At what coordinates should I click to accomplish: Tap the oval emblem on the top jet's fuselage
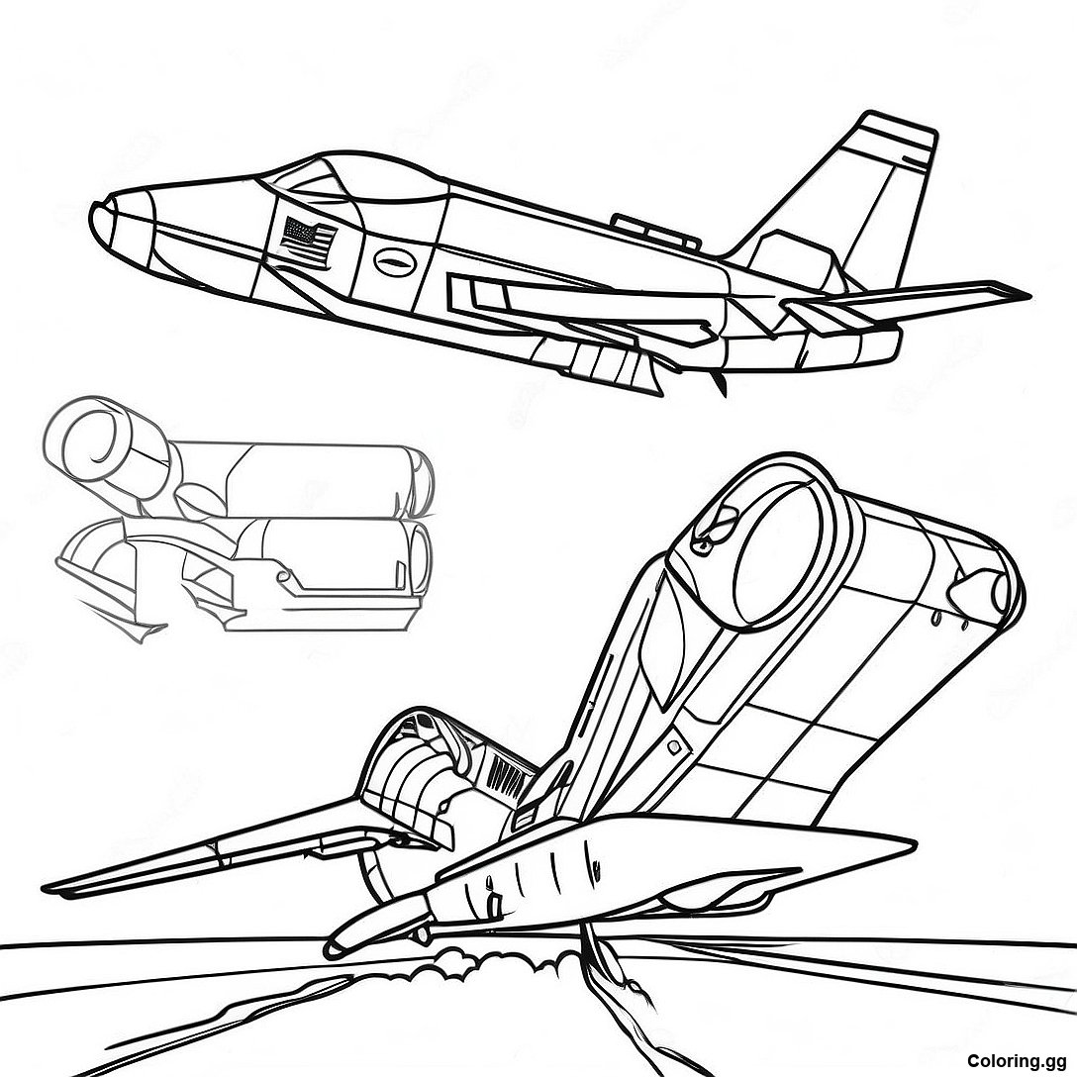click(396, 261)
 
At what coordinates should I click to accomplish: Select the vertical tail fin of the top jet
click(858, 199)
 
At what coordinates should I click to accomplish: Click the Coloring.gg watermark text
click(1018, 1060)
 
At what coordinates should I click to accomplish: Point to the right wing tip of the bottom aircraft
click(903, 840)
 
